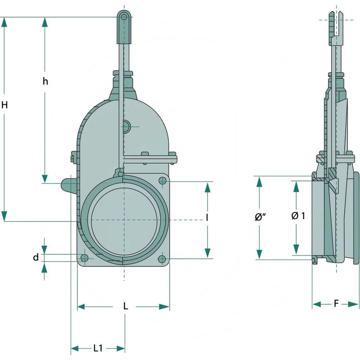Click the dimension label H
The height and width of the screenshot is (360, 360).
(4, 105)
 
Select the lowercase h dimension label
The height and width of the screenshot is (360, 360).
(45, 81)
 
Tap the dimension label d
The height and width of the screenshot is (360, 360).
(36, 258)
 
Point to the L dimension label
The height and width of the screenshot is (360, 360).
(126, 306)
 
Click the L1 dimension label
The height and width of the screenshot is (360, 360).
(98, 348)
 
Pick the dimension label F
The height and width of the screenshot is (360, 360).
(336, 304)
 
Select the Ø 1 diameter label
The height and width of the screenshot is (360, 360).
(298, 216)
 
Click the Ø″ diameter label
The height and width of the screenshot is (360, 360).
(260, 217)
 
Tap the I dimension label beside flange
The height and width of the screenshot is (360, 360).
(207, 218)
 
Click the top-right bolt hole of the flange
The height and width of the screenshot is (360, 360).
(162, 180)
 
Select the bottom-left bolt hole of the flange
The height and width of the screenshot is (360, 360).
(84, 258)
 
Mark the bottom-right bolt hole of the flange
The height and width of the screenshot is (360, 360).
(162, 259)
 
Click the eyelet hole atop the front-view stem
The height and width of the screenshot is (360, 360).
(124, 17)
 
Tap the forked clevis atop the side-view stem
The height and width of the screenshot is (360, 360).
(336, 25)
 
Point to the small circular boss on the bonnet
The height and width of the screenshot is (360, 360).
(126, 127)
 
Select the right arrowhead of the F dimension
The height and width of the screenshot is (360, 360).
(355, 305)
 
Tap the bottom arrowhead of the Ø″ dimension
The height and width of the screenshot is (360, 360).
(260, 254)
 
